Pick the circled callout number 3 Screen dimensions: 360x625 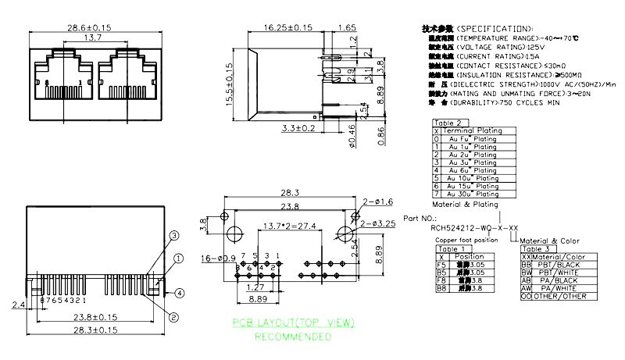coord(174,235)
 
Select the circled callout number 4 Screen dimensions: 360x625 coord(180,293)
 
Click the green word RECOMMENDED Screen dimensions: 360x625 coord(292,337)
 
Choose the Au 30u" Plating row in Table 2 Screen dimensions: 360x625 coord(470,194)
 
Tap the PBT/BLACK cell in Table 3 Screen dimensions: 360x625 coord(564,265)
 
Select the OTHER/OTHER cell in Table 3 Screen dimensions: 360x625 coord(564,296)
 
